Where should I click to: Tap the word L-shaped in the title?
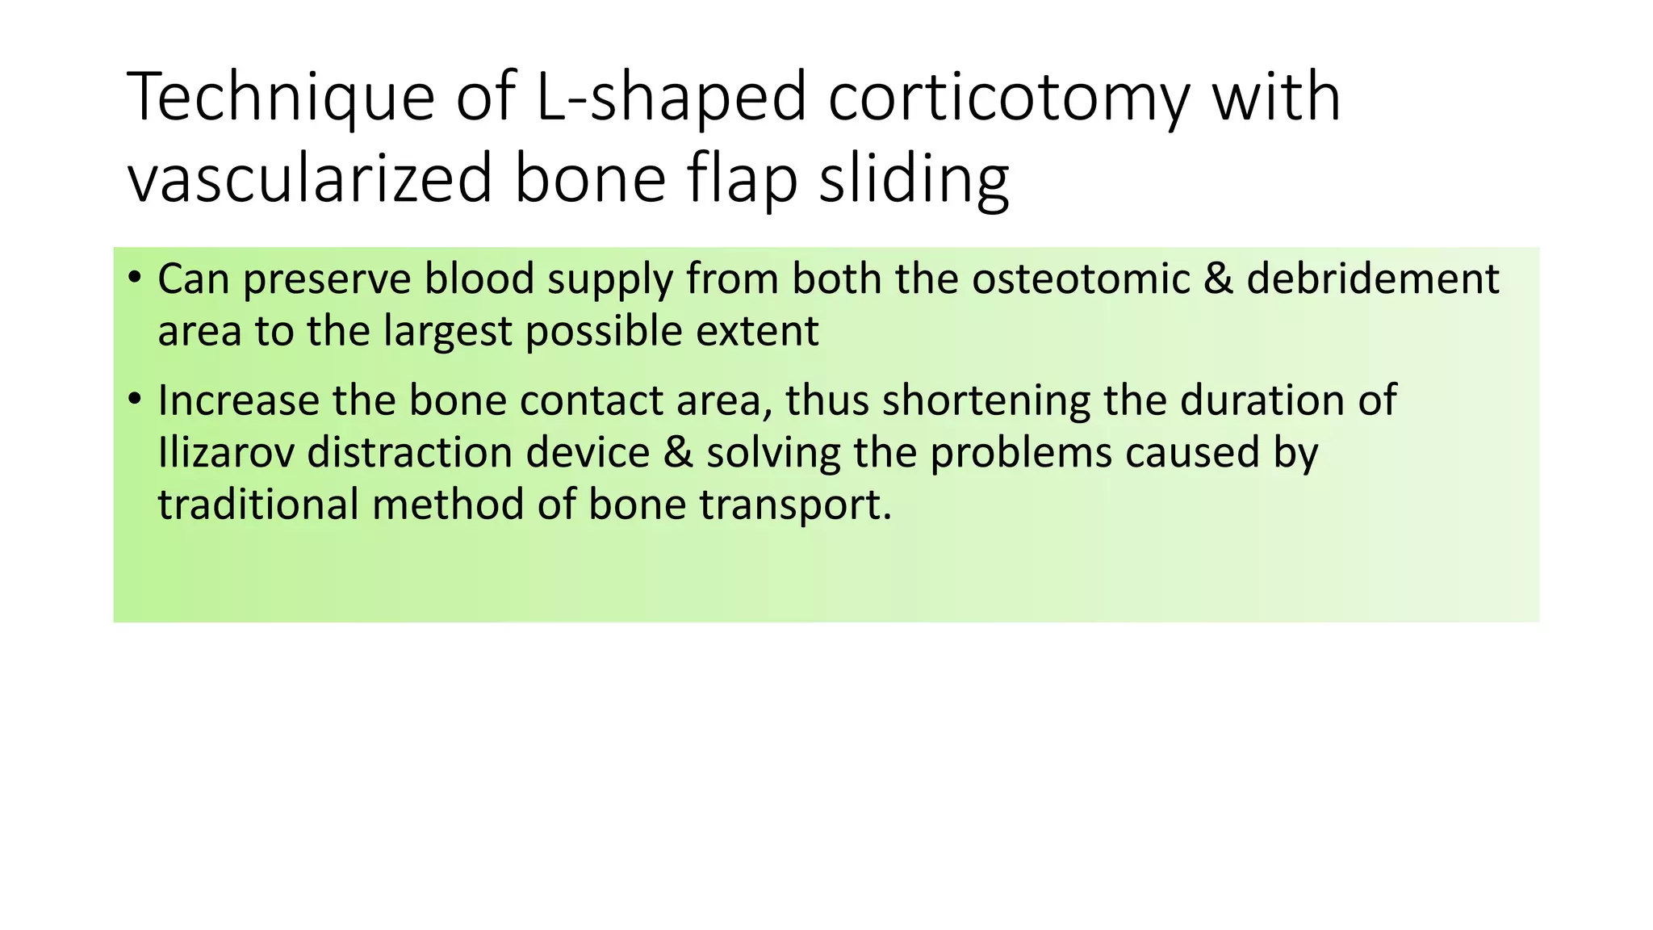pos(671,98)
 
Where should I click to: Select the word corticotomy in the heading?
pos(1009,98)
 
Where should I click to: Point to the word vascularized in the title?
pos(310,179)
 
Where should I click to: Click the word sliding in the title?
pos(914,179)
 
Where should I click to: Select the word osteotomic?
pos(1081,279)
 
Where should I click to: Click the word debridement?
pos(1372,279)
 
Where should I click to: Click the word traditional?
pos(257,505)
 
